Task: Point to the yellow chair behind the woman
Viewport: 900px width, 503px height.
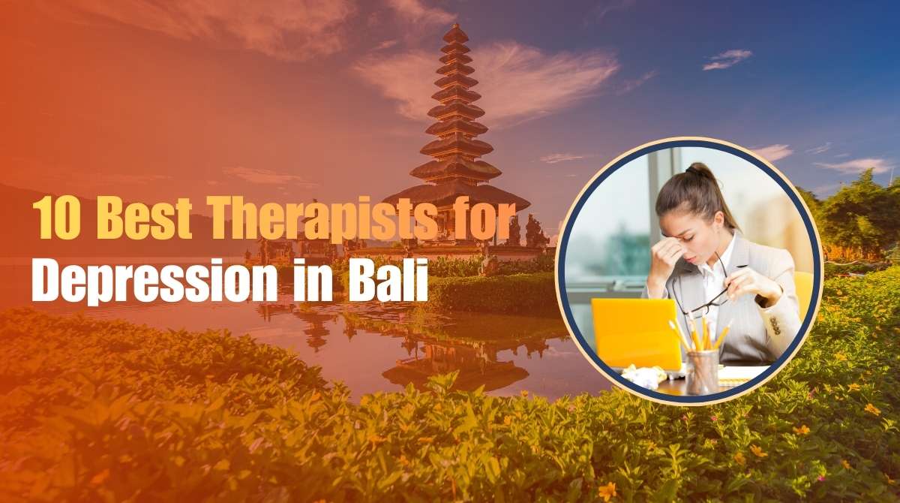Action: coord(803,293)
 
